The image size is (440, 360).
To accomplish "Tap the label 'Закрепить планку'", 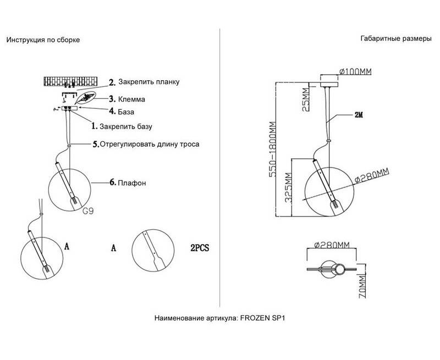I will click(x=148, y=82).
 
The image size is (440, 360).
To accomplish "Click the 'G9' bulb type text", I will click(x=87, y=209).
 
